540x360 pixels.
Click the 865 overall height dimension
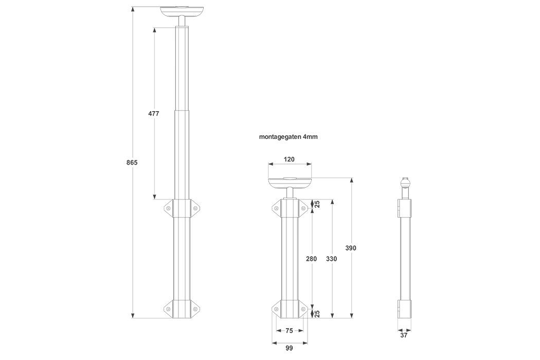(132, 163)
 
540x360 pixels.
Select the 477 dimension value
(153, 114)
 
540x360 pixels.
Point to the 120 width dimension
(289, 159)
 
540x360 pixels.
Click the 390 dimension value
(350, 248)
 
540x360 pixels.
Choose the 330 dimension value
(332, 259)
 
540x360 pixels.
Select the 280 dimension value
(311, 259)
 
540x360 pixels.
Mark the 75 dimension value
(289, 331)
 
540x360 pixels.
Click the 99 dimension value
(289, 348)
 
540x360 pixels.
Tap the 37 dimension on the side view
(404, 335)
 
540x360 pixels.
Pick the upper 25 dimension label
(317, 205)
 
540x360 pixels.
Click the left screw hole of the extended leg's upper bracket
(169, 208)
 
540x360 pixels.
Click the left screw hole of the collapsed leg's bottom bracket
(276, 309)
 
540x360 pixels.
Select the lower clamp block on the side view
(405, 308)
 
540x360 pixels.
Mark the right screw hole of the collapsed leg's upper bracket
(303, 208)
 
